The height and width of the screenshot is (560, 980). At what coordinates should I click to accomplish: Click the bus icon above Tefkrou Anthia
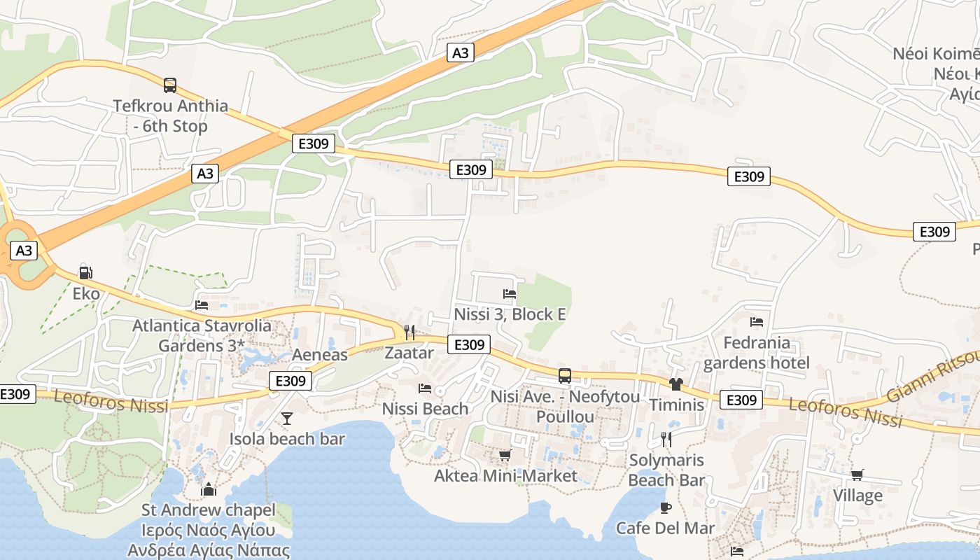point(170,85)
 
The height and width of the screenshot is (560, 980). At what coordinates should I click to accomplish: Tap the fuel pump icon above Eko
point(86,272)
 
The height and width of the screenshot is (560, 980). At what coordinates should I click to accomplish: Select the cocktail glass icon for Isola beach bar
point(287,419)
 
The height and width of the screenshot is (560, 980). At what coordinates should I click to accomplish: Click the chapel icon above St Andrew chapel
point(209,489)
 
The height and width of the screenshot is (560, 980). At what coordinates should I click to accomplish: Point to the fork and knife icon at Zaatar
point(409,332)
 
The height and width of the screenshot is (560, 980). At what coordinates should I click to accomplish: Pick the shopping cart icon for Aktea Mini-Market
point(505,456)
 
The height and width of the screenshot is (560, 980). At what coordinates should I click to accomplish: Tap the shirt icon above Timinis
point(676,384)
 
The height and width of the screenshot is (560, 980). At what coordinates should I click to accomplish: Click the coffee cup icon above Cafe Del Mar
point(665,507)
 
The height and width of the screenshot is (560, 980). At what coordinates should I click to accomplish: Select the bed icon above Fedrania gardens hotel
point(756,322)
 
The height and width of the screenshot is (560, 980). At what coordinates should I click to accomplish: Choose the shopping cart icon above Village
point(857,475)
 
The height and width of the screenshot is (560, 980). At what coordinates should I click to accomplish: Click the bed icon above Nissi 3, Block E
point(510,294)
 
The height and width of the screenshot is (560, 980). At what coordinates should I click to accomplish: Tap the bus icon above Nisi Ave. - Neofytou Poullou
point(565,376)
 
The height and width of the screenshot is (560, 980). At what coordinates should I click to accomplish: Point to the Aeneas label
point(320,355)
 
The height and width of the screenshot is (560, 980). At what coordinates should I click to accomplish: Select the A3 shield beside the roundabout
point(24,251)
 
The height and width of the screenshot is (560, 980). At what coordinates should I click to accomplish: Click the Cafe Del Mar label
point(665,528)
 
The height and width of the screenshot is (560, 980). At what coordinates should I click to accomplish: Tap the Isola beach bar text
point(287,439)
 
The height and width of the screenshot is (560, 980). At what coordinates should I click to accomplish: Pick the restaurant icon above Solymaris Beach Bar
point(666,440)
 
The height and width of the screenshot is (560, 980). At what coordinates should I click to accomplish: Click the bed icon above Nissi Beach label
point(425,388)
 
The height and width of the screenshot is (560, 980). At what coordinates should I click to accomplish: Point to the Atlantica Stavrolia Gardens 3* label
point(202,335)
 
